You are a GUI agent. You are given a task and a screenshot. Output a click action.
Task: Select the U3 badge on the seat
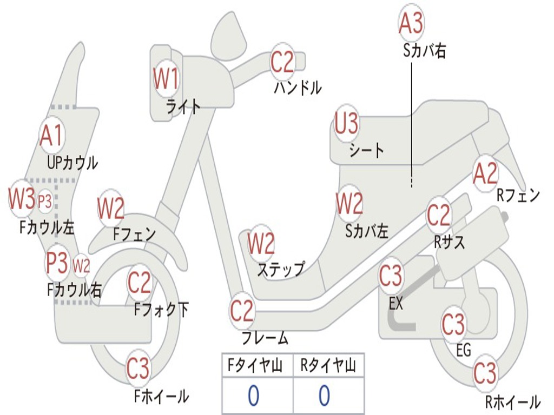346,123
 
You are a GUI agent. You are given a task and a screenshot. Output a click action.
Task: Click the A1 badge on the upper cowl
51,135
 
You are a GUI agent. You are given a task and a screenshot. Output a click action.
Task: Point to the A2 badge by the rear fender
485,173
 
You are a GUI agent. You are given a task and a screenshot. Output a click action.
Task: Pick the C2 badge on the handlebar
282,62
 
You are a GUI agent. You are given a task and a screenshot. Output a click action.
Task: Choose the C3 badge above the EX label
391,276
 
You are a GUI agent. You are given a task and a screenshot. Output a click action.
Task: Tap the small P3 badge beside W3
45,202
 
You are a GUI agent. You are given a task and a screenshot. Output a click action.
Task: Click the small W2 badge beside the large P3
81,265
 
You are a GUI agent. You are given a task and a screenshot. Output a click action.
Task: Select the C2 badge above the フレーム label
242,311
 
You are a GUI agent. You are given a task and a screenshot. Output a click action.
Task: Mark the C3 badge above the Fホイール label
138,368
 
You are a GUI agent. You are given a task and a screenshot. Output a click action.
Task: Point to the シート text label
366,150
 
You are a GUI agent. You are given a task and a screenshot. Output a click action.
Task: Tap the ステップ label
281,269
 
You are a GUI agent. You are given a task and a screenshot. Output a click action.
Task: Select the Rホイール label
513,401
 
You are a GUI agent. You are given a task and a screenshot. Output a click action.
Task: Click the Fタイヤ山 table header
255,365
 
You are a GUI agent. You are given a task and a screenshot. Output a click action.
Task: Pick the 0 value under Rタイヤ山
325,396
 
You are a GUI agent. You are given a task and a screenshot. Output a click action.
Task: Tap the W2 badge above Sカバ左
349,204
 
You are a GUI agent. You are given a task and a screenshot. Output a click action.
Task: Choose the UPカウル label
72,163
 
